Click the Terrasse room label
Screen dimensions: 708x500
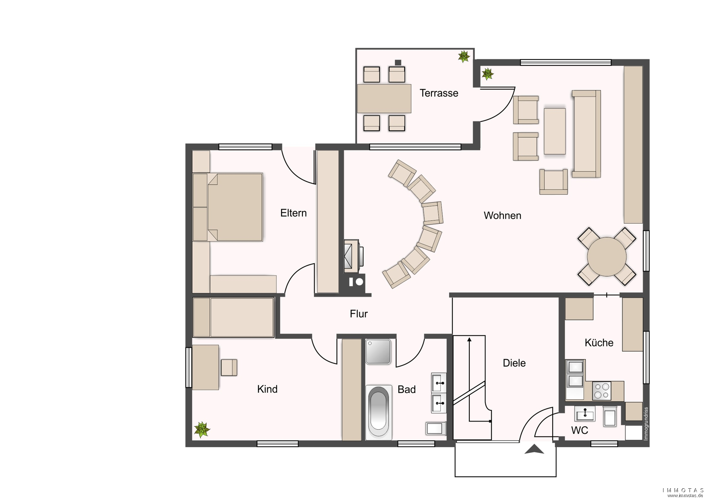[439, 93]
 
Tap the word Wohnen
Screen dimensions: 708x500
[502, 215]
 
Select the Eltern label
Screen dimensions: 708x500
[293, 213]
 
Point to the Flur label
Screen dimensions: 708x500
[359, 314]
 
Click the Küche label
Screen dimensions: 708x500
[599, 343]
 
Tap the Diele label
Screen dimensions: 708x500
[514, 363]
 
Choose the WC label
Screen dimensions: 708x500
[579, 430]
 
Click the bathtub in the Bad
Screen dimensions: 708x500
[378, 412]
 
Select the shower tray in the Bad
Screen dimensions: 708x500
[378, 352]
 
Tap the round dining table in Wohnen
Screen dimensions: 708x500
[606, 257]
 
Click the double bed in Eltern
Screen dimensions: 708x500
[228, 207]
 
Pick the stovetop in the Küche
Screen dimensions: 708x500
[601, 391]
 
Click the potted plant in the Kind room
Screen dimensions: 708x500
[202, 430]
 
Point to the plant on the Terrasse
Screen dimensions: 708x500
[464, 56]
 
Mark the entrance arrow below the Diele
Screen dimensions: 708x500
[534, 449]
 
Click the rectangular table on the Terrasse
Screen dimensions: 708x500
[384, 98]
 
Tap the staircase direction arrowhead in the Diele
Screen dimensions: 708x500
[469, 340]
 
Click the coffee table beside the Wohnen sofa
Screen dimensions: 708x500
[555, 131]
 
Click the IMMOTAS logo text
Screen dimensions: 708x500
[683, 490]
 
